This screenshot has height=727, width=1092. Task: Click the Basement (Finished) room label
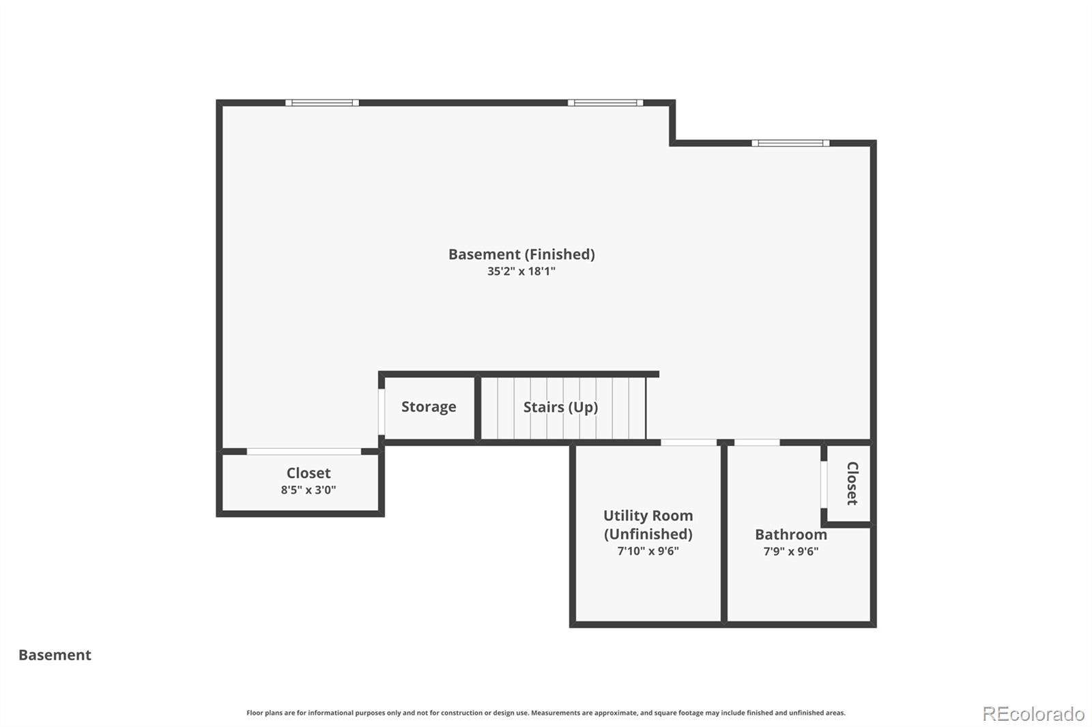tap(521, 254)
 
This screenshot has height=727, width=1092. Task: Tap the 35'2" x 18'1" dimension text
tap(521, 271)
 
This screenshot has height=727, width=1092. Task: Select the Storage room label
tap(429, 406)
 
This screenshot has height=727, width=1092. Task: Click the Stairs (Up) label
tap(560, 407)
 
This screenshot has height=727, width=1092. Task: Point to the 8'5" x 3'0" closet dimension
tap(308, 490)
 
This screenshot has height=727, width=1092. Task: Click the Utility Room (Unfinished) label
tap(648, 524)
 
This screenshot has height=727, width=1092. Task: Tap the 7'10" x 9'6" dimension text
tap(648, 551)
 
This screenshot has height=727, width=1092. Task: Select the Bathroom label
tap(791, 535)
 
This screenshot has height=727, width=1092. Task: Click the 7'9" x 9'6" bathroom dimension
tap(791, 551)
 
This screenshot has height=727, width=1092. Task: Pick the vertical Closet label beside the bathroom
tap(852, 484)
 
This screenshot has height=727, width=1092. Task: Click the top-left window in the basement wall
tap(322, 103)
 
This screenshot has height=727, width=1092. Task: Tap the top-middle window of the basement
tap(605, 103)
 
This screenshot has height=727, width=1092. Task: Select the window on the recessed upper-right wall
tap(790, 143)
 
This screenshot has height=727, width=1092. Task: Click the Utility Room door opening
tap(689, 443)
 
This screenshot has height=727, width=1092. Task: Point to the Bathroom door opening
tap(757, 443)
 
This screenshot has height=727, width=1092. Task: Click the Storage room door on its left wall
tap(382, 413)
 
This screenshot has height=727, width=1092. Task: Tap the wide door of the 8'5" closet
tap(304, 451)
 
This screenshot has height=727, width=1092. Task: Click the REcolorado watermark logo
tap(1033, 714)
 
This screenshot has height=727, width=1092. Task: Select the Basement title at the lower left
tap(55, 655)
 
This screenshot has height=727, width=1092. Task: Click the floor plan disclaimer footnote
tap(546, 713)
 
